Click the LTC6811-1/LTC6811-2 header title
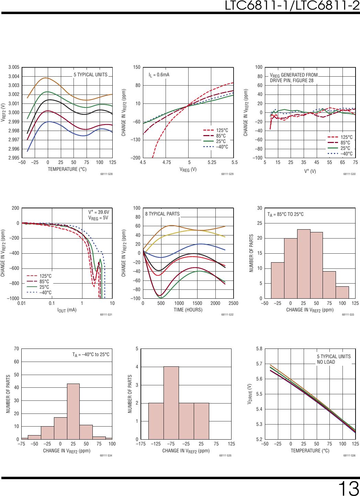(x=292, y=5)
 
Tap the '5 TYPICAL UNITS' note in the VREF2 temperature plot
(x=90, y=75)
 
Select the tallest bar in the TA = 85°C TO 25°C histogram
(x=304, y=264)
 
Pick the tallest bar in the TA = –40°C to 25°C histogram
(x=73, y=411)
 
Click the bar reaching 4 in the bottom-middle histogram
(x=171, y=403)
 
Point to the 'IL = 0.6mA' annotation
(x=159, y=75)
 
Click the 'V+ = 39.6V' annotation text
(x=99, y=212)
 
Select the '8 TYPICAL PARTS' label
(x=162, y=214)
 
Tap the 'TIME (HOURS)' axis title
(x=188, y=310)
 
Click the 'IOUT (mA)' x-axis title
(x=67, y=310)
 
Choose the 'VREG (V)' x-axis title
(x=188, y=169)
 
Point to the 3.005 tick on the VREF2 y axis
(x=14, y=67)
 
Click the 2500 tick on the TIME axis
(x=233, y=303)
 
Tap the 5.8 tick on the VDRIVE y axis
(x=259, y=349)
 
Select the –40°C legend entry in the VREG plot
(x=222, y=147)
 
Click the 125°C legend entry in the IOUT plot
(x=45, y=276)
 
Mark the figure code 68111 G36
(x=349, y=455)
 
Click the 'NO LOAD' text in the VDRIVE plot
(x=326, y=362)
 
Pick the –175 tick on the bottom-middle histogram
(x=141, y=444)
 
